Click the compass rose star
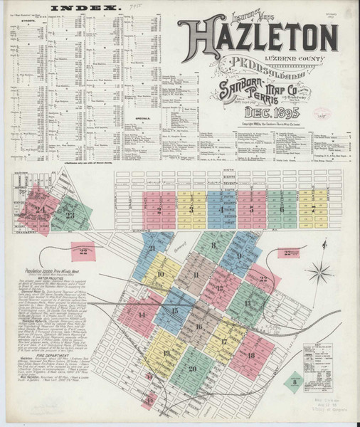[x=322, y=270]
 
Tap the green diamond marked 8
[x=295, y=382]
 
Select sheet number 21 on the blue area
[x=152, y=248]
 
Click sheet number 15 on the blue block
[x=174, y=310]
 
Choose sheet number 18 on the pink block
[x=251, y=355]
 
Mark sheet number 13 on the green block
[x=248, y=302]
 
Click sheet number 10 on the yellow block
[x=160, y=274]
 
